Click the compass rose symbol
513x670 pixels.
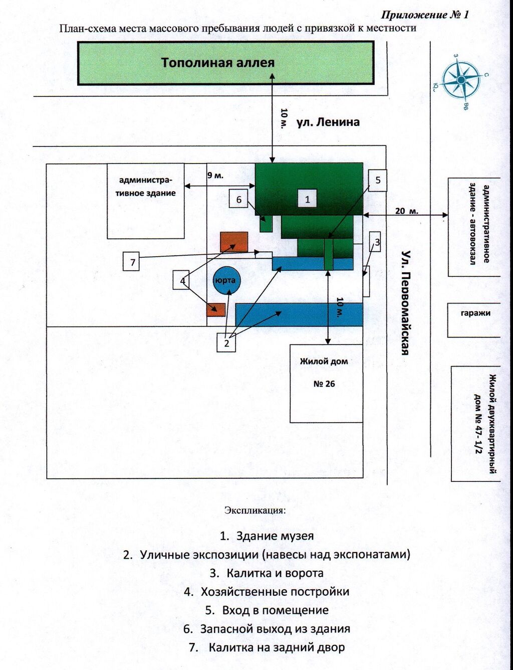[x=461, y=81]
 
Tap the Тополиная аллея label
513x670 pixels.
[x=218, y=63]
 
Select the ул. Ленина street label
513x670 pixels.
[x=328, y=122]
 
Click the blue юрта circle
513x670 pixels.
[x=226, y=280]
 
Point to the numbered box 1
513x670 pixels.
[x=307, y=200]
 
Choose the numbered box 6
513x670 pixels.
[x=238, y=199]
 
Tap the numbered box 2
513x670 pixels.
[x=226, y=343]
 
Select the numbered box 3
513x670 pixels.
[x=375, y=242]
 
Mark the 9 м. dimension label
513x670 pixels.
[x=215, y=176]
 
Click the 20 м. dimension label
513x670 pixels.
[x=407, y=211]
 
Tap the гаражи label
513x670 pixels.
[x=471, y=313]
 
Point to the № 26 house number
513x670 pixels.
[x=324, y=384]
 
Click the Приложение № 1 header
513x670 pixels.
[x=425, y=14]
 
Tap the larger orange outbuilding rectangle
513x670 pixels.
[x=234, y=242]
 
